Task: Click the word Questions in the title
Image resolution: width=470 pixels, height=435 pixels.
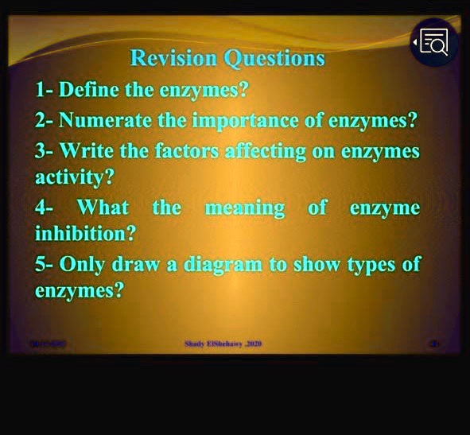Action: [275, 59]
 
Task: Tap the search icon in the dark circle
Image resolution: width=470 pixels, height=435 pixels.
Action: [434, 42]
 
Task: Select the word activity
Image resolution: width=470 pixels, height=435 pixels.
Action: [70, 178]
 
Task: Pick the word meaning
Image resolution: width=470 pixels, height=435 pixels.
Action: [245, 208]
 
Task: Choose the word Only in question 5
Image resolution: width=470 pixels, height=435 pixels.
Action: [84, 264]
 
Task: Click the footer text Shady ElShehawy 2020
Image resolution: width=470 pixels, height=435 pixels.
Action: [223, 344]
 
